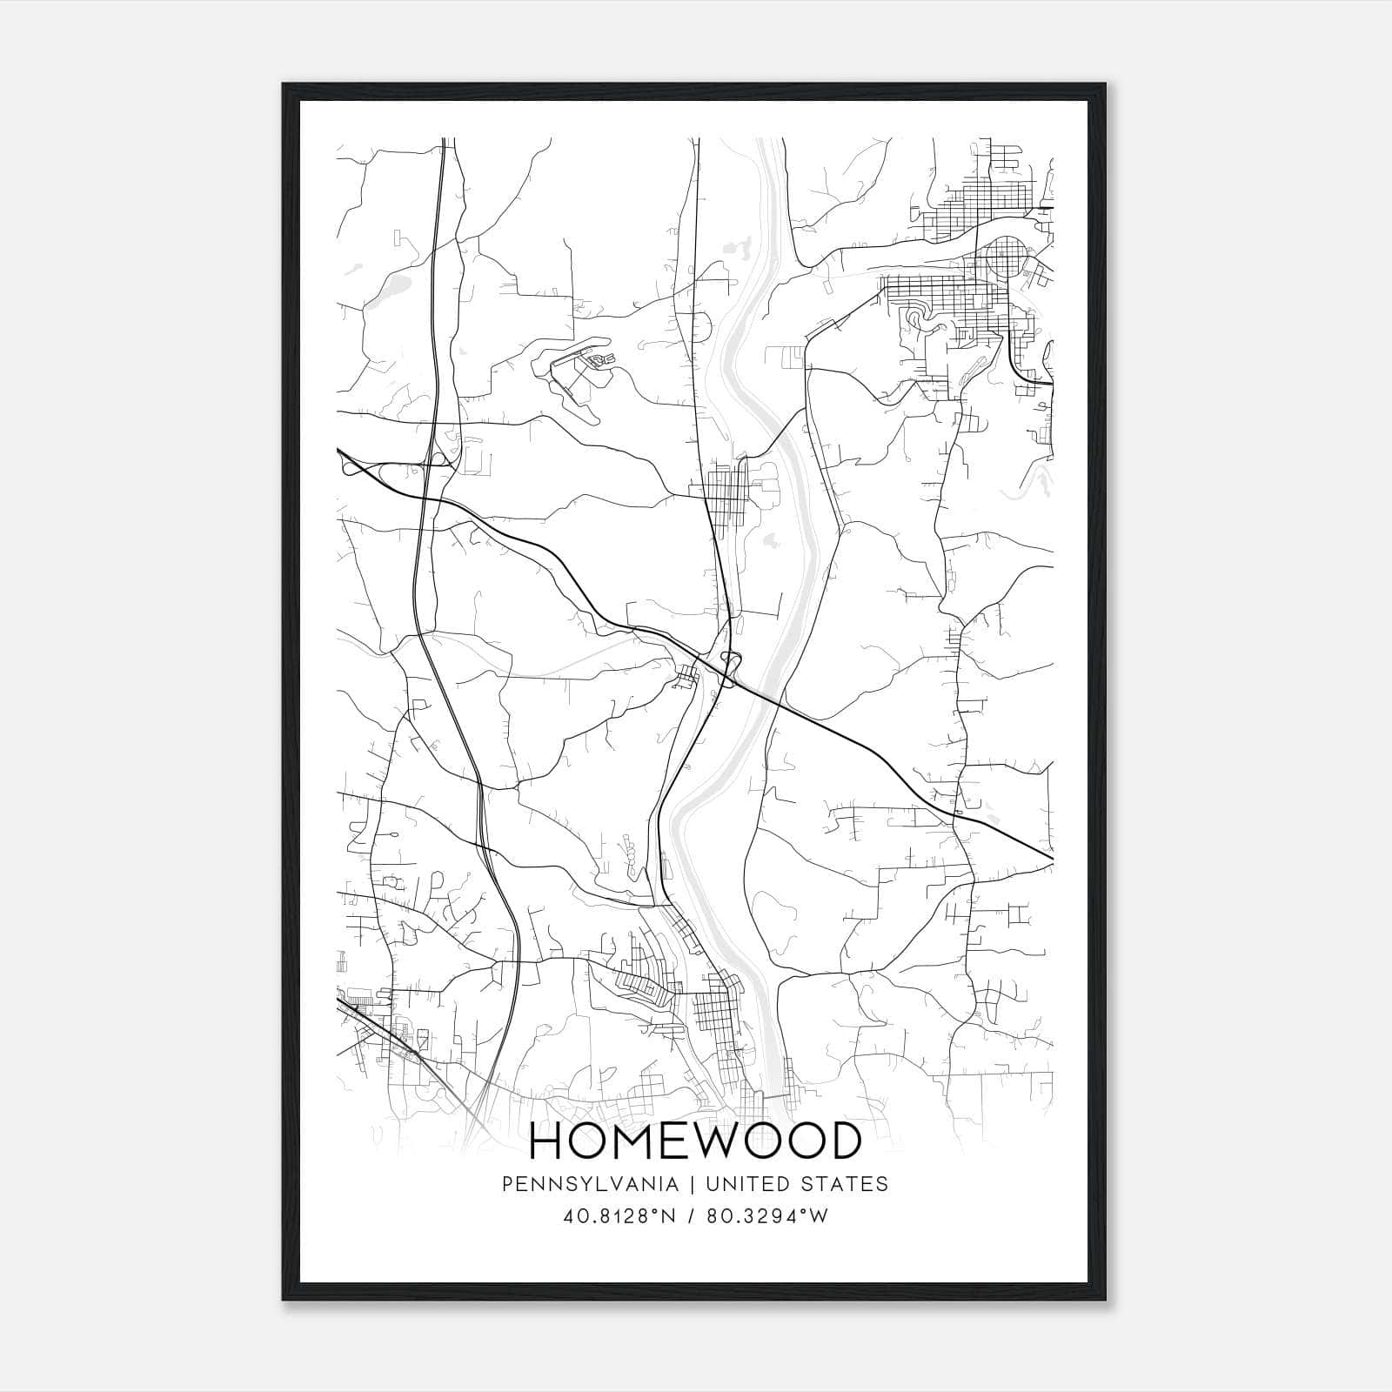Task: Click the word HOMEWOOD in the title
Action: [x=695, y=1142]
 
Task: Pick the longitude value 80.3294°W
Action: [x=766, y=1216]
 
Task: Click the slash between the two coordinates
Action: [x=693, y=1216]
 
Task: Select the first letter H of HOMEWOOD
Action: [x=546, y=1142]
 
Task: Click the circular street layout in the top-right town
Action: [x=1007, y=257]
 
